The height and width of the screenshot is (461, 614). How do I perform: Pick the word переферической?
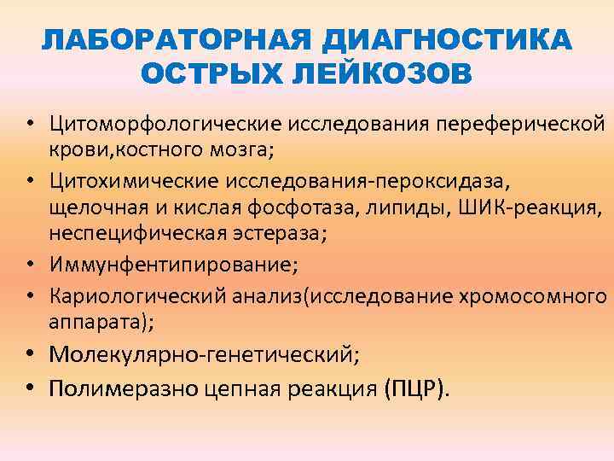click(521, 125)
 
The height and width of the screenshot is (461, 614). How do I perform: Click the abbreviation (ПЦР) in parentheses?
click(415, 388)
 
